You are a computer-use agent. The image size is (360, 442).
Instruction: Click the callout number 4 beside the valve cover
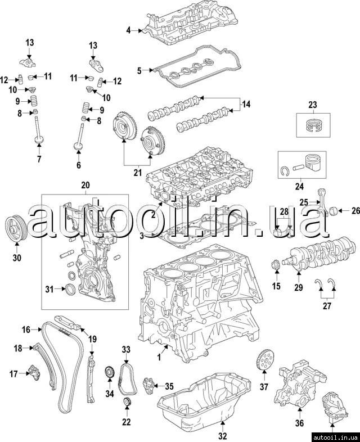128,30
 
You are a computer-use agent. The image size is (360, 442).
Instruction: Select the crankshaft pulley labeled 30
16,228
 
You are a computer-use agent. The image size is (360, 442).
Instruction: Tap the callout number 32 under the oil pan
222,435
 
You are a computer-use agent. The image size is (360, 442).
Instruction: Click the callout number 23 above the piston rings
313,105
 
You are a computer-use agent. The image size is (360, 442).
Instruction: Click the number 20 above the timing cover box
85,185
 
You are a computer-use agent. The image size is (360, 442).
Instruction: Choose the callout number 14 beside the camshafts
245,105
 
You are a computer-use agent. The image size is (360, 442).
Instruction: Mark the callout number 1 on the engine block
159,356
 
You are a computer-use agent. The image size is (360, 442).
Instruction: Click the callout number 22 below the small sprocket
126,422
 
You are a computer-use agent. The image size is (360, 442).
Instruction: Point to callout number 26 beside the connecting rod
355,211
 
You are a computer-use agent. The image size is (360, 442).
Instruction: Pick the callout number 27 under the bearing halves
327,306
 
